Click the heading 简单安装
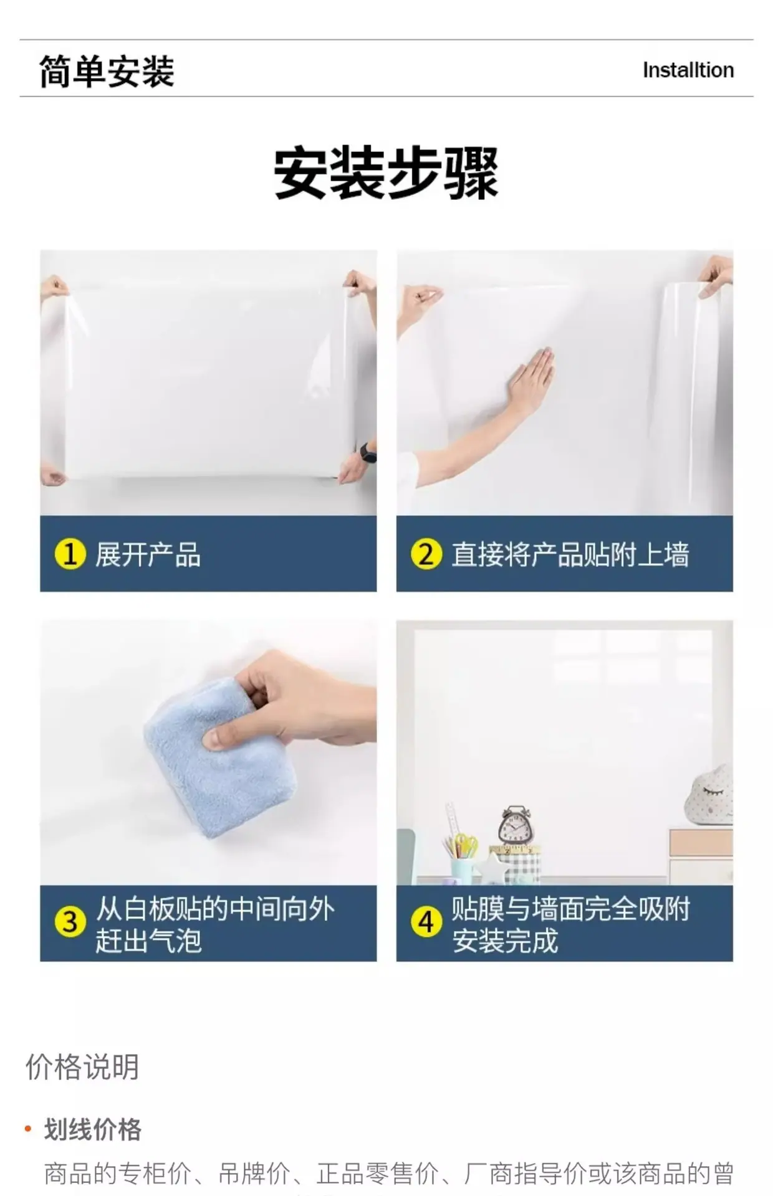point(107,71)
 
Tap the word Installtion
point(688,70)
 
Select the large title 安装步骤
point(386,173)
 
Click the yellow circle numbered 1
point(70,554)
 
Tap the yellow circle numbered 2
point(426,554)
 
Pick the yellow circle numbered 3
point(70,922)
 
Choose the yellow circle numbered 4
point(426,922)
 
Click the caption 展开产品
point(148,554)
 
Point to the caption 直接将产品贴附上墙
point(570,554)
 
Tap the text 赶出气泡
point(148,940)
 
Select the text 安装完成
point(505,940)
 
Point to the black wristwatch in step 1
point(368,452)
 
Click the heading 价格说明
point(82,1067)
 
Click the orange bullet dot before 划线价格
point(27,1129)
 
